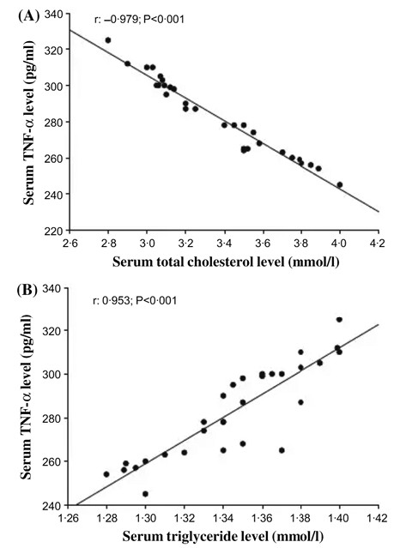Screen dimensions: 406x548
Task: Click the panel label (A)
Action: [27, 15]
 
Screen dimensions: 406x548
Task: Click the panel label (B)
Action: [27, 290]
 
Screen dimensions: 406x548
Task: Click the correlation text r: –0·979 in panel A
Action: [117, 19]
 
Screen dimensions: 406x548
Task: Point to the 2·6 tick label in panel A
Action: [70, 243]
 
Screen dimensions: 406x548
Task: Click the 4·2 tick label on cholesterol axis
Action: [377, 243]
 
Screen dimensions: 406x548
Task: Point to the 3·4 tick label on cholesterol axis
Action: [224, 243]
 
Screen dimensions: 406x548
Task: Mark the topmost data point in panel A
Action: [108, 40]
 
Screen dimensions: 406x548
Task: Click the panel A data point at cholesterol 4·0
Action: [340, 184]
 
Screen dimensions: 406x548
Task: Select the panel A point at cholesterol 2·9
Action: [127, 63]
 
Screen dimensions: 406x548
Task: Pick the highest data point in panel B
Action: [339, 319]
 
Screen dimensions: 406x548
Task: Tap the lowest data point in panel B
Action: [145, 494]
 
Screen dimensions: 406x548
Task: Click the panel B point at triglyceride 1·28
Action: [106, 474]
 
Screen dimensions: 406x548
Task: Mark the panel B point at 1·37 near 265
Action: [282, 450]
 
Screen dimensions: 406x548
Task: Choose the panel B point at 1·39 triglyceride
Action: [319, 363]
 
